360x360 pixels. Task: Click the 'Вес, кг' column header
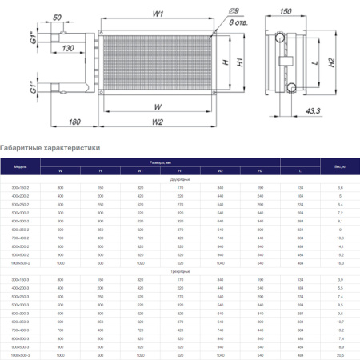click(x=338, y=166)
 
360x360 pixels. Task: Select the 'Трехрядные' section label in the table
click(x=180, y=270)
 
